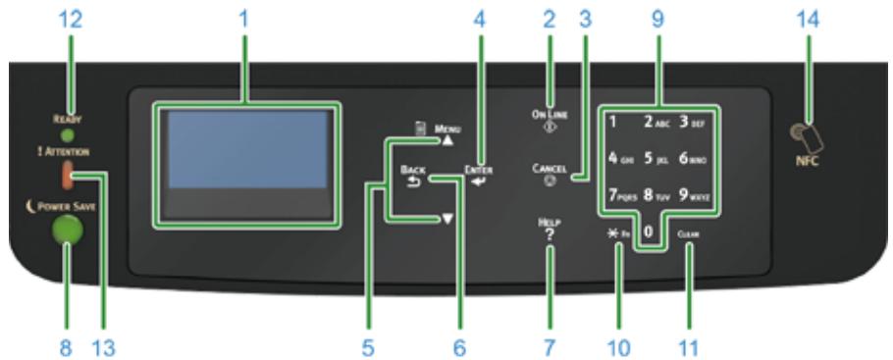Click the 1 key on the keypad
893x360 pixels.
[614, 124]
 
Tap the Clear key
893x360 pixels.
[688, 234]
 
